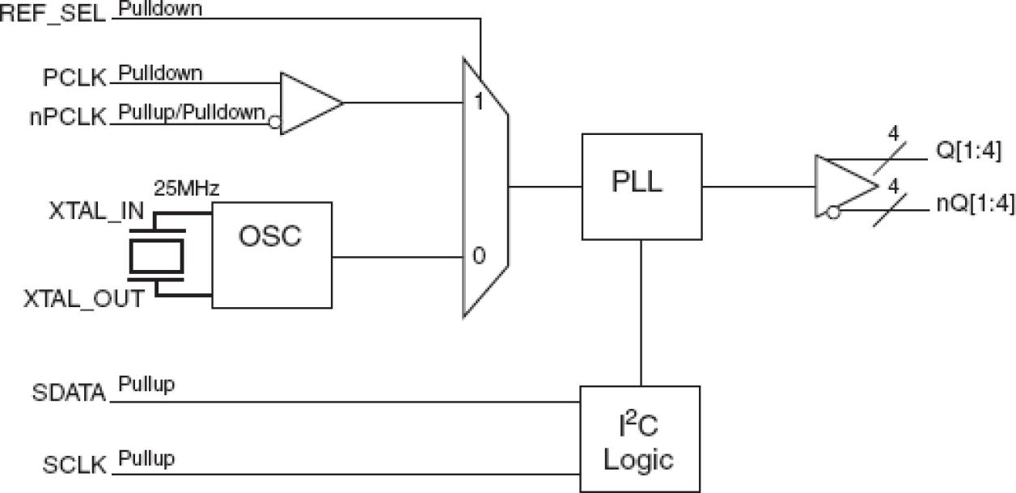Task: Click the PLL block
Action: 641,187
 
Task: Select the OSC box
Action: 272,254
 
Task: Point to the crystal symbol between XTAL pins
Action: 157,257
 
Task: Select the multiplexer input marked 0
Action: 478,258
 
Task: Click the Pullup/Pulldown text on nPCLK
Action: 192,112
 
